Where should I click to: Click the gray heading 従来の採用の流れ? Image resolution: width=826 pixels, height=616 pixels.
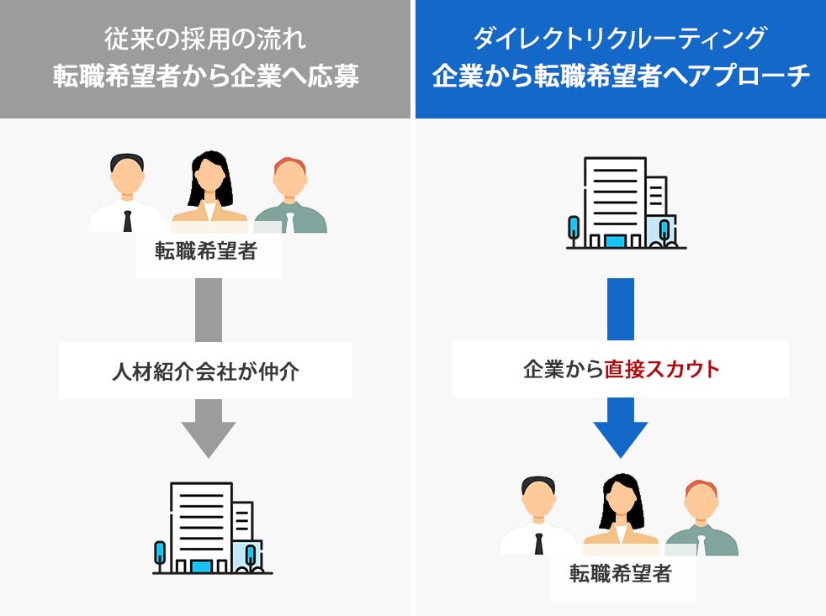205,38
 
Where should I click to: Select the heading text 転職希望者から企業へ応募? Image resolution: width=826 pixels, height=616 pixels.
205,76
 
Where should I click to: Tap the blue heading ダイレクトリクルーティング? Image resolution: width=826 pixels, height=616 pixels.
620,38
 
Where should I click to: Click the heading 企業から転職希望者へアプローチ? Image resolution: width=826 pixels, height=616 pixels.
620,76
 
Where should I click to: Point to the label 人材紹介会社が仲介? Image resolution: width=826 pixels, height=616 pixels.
205,371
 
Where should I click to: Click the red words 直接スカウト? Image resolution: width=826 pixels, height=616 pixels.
662,369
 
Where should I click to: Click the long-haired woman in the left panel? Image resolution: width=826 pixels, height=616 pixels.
209,192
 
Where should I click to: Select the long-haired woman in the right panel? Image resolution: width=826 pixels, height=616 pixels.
621,514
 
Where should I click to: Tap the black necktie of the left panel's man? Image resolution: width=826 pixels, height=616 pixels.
128,221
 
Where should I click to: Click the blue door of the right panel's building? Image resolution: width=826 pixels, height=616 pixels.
616,242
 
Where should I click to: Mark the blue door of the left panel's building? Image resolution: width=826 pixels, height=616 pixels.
201,567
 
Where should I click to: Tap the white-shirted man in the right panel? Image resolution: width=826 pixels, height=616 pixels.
538,518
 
